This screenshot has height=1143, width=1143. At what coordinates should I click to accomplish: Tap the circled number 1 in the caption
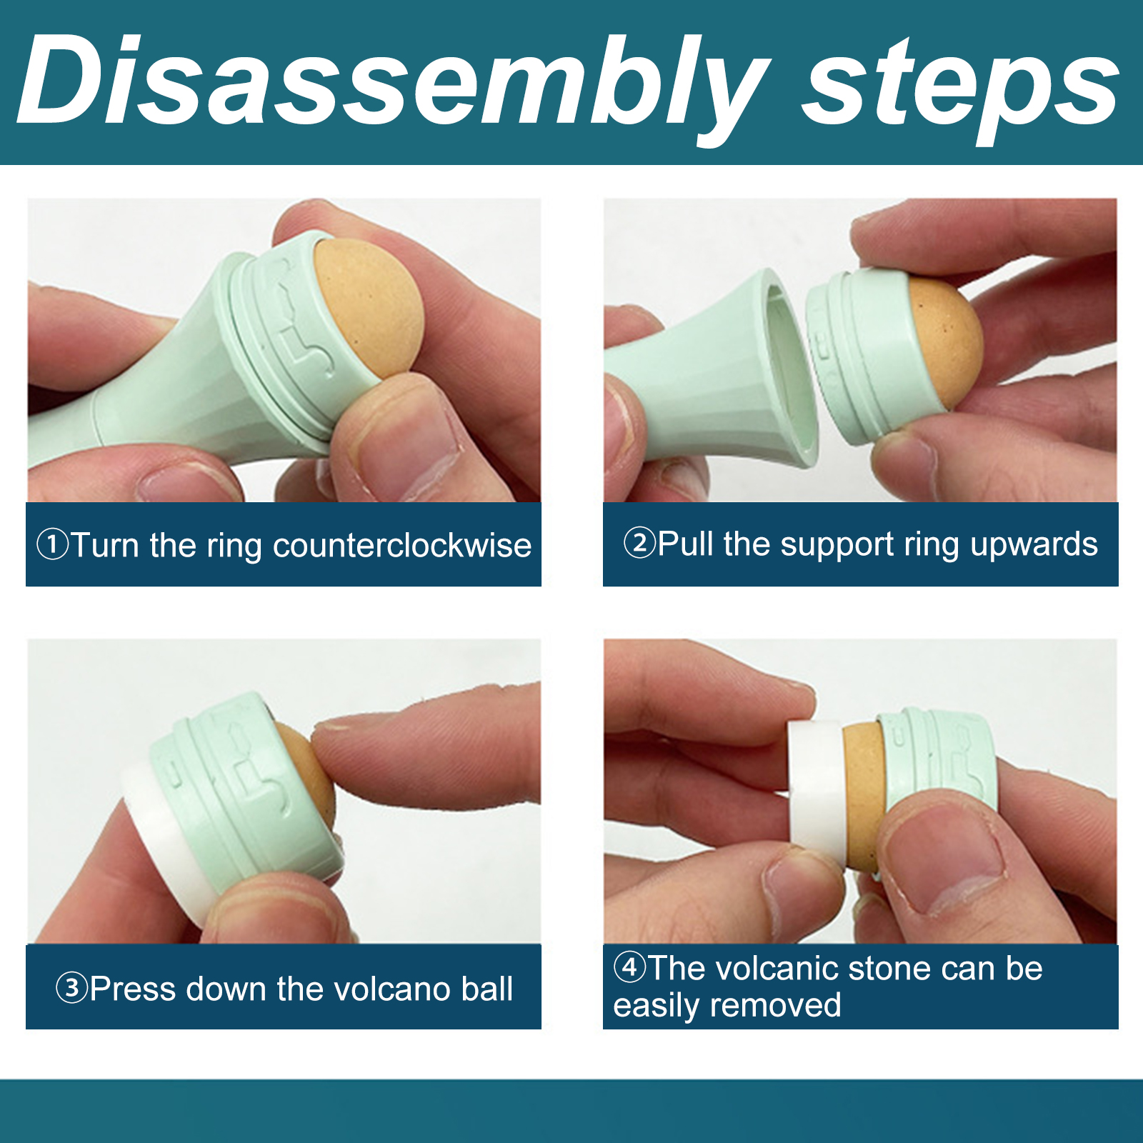coord(53,544)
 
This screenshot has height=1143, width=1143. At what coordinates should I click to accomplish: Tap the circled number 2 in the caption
coord(640,543)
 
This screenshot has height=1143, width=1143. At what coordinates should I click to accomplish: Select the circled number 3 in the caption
coord(72,988)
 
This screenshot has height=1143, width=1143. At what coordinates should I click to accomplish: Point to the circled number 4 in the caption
coord(630,967)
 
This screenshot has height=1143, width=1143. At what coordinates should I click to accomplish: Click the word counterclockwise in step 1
coord(402,546)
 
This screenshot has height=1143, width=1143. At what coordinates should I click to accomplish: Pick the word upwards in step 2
coord(1034,544)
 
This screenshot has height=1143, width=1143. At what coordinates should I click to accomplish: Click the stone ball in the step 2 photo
coord(947,343)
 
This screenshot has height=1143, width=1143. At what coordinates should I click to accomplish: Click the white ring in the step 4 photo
coord(814,779)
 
